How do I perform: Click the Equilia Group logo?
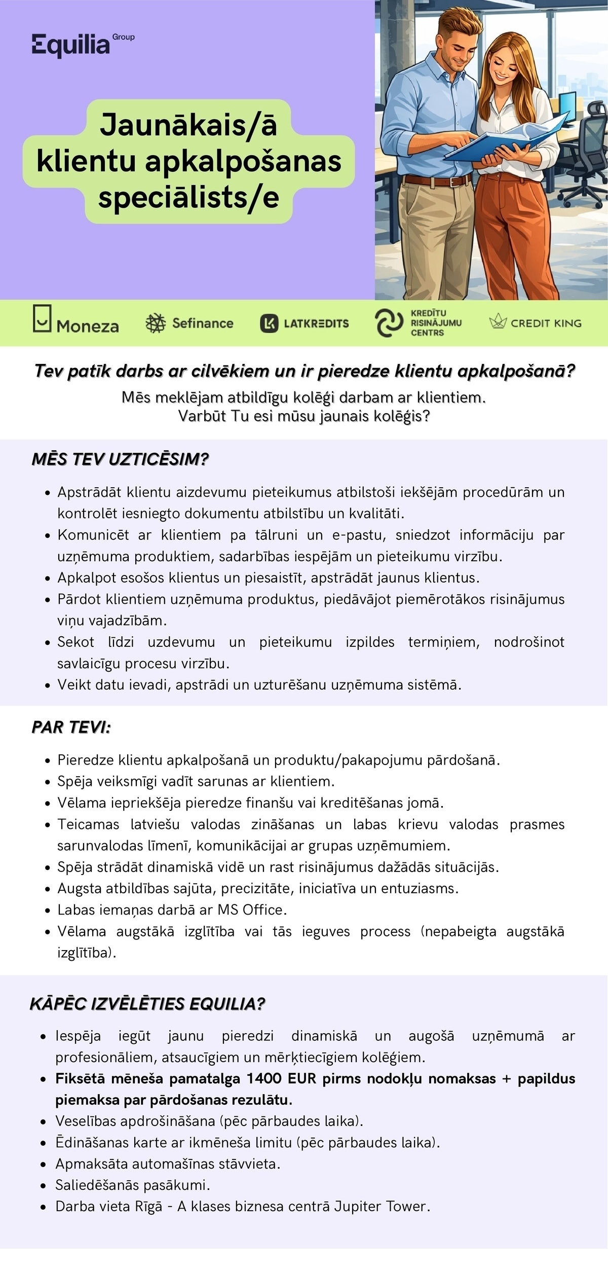click(x=83, y=45)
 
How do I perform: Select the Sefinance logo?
click(x=189, y=323)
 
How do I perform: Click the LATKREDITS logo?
click(x=305, y=323)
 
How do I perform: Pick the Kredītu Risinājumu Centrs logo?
click(x=418, y=323)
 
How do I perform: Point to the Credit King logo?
click(x=535, y=322)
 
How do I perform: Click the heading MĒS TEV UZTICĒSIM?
click(x=120, y=459)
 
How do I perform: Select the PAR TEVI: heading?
click(x=71, y=727)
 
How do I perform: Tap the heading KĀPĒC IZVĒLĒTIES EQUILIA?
click(x=147, y=1004)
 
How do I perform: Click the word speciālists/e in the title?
click(x=188, y=198)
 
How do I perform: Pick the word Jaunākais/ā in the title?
click(x=188, y=125)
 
